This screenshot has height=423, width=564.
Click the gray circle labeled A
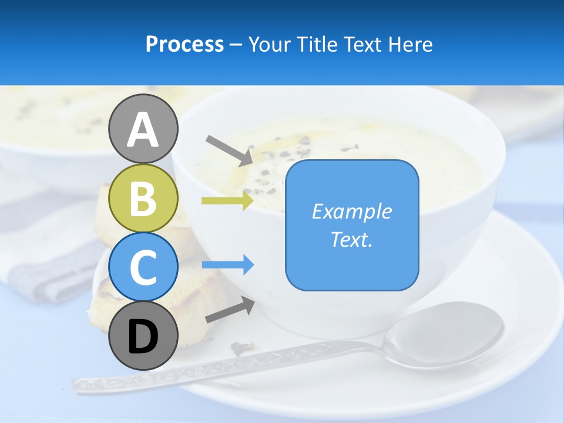point(143,129)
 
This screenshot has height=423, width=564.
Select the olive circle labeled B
point(143,198)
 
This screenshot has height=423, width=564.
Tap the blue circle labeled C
point(143,267)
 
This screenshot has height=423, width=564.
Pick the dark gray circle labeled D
point(143,337)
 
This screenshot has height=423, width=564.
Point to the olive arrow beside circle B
point(227,201)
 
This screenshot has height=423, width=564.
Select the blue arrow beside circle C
point(228,265)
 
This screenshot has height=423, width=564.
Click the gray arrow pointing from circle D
point(230,310)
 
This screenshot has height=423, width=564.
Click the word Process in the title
point(184,44)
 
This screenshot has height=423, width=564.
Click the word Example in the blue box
point(352,211)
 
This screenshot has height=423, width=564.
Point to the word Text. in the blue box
point(352,240)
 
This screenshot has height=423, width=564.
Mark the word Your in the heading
point(269,44)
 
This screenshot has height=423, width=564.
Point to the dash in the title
point(236,45)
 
